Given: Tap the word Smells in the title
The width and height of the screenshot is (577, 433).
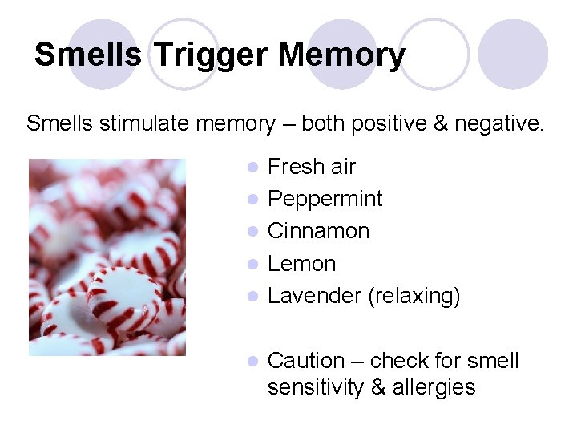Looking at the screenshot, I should pyautogui.click(x=88, y=55).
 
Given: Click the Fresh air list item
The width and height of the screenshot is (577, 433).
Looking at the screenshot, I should pyautogui.click(x=311, y=167).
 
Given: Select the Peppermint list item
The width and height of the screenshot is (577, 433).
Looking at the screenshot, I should pyautogui.click(x=325, y=199).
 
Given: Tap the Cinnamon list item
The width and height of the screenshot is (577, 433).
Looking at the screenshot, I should pyautogui.click(x=318, y=231).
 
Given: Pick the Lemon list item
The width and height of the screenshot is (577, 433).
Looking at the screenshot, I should pyautogui.click(x=301, y=264).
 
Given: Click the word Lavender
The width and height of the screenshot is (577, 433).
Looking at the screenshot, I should pyautogui.click(x=314, y=296).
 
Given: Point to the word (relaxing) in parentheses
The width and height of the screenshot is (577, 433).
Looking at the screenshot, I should pyautogui.click(x=414, y=297).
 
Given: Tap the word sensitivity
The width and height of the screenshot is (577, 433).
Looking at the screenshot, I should pyautogui.click(x=316, y=387).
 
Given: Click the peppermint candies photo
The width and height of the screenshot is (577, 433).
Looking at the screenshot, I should pyautogui.click(x=107, y=257).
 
